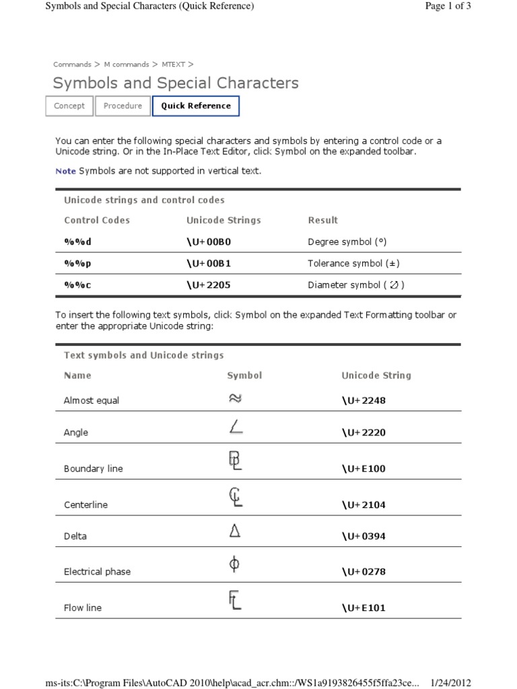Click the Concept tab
point(69,106)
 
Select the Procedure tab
point(123,106)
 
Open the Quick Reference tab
point(196,106)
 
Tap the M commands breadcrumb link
point(127,65)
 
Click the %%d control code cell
point(77,242)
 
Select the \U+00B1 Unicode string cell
point(209,263)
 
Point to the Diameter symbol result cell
point(356,285)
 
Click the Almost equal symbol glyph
point(235,398)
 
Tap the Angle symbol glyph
point(236,427)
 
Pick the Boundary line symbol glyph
point(235,462)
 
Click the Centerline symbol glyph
point(235,497)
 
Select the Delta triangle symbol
point(235,532)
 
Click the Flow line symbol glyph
point(235,600)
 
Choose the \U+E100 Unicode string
point(364,469)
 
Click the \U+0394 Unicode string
point(364,537)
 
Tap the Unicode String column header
point(376,375)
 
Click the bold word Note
point(65,172)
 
